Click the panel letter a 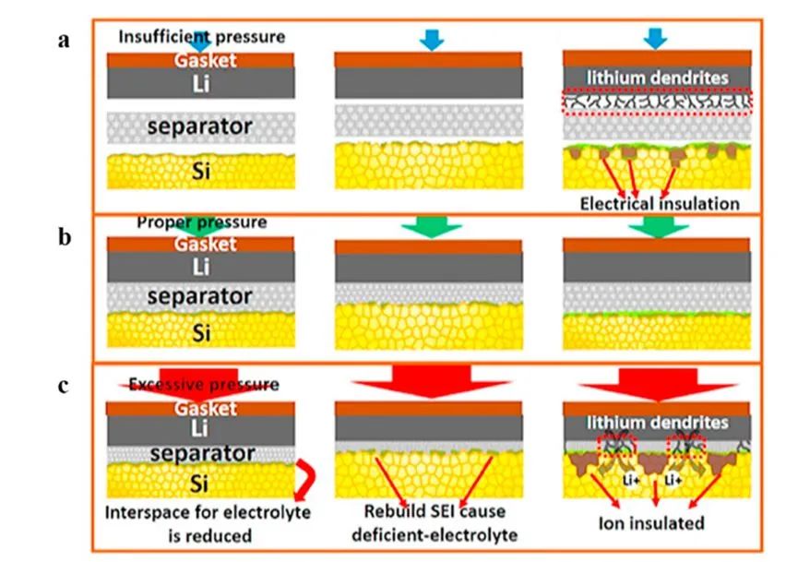tap(64, 41)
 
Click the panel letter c tap(63, 385)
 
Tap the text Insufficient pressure tap(202, 36)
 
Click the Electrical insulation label tap(661, 203)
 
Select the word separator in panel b tap(201, 296)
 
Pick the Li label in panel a tap(201, 84)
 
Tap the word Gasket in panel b tap(201, 244)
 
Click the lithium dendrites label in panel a tap(657, 78)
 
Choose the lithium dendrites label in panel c tap(657, 423)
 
